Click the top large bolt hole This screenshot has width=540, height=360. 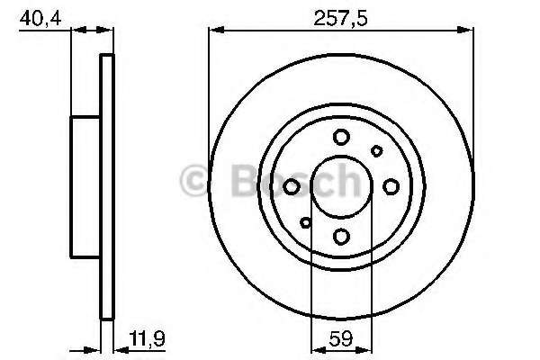point(341,137)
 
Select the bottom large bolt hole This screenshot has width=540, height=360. point(341,236)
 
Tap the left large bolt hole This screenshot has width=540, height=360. point(292,186)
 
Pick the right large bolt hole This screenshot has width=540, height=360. point(391,186)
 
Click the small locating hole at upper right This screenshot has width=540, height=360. point(376,151)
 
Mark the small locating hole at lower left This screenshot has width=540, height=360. point(306,221)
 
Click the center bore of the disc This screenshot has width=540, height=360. point(341,186)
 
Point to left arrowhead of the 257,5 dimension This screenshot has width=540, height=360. point(214,29)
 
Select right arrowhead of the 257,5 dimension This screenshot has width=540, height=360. point(469,29)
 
